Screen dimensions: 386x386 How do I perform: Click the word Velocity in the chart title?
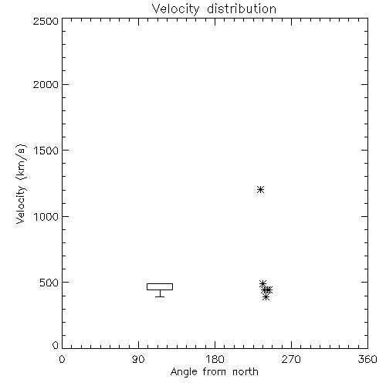176,9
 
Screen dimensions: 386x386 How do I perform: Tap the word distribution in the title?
242,8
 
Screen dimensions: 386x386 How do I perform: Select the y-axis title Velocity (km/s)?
21,184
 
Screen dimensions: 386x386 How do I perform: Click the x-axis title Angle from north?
215,372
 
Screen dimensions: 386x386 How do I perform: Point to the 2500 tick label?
46,21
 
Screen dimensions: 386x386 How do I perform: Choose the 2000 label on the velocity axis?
46,84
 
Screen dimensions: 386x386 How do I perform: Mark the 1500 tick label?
46,151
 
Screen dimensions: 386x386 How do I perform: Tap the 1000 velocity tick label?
46,216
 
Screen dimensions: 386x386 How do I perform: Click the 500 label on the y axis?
49,283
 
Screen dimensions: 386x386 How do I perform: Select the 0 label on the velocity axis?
56,345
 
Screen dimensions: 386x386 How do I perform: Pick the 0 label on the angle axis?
62,359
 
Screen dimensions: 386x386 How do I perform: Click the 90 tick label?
138,359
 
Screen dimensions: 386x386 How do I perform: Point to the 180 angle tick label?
215,359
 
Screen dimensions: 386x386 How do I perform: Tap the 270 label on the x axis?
291,359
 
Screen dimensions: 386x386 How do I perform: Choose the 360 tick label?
367,359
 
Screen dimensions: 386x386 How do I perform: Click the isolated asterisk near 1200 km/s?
261,190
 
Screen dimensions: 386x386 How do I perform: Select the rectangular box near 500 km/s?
160,284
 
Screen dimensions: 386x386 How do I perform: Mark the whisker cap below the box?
160,296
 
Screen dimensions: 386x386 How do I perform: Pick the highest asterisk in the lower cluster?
262,283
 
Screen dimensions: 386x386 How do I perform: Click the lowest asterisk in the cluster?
266,297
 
